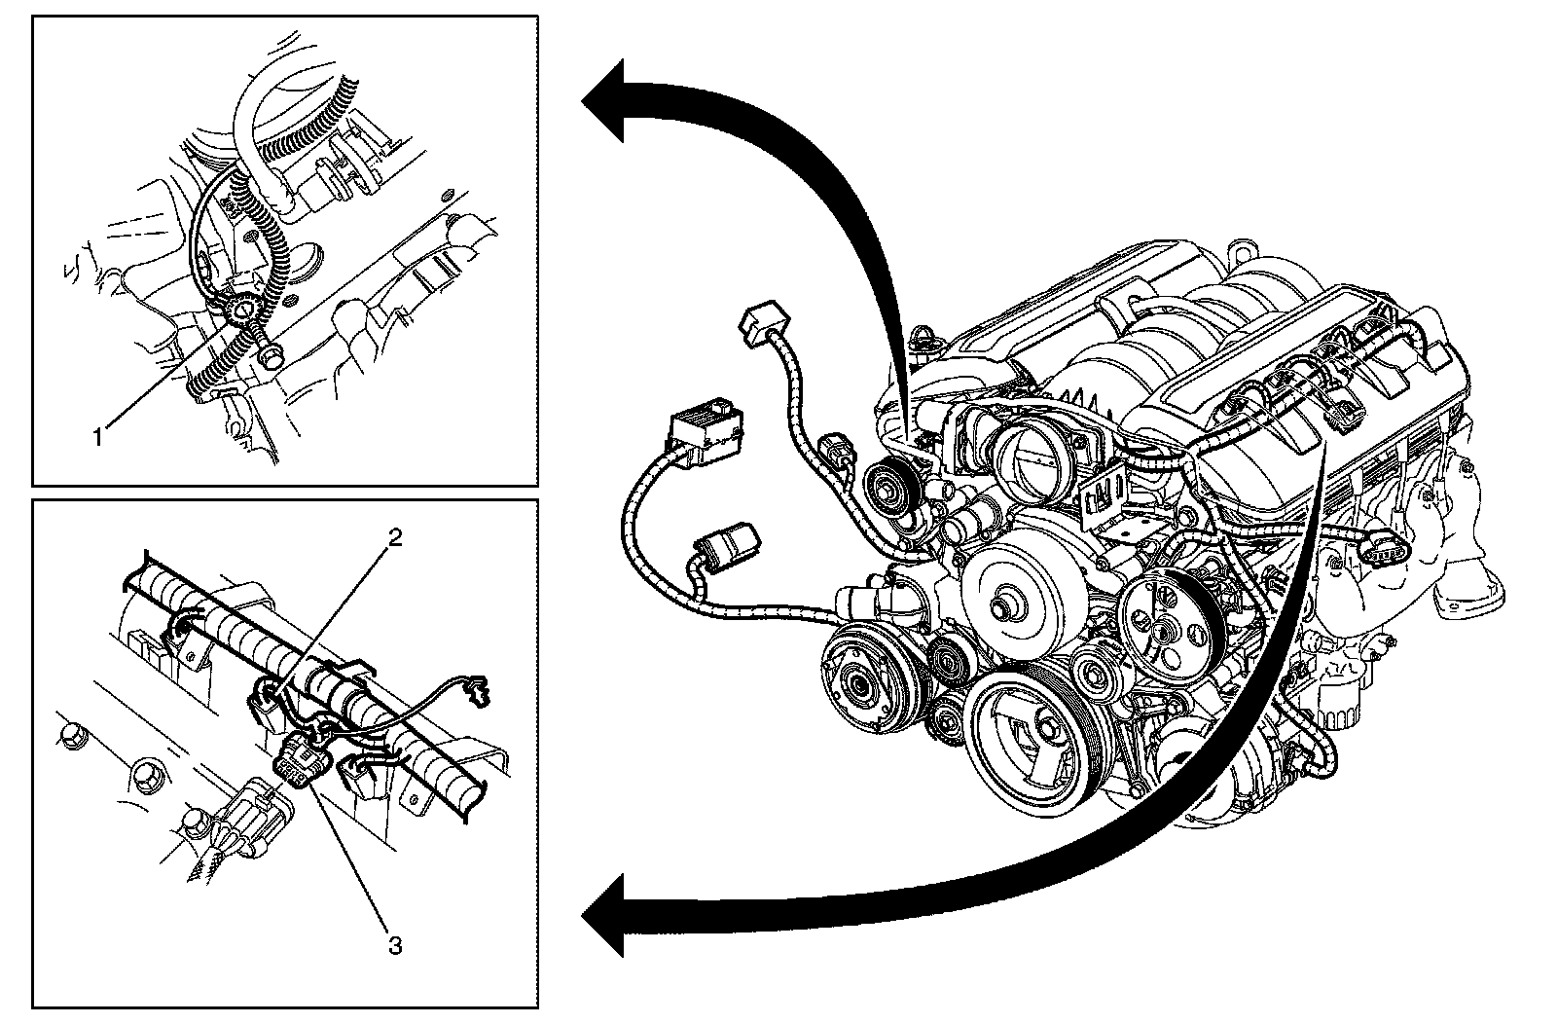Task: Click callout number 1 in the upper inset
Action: point(97,437)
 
